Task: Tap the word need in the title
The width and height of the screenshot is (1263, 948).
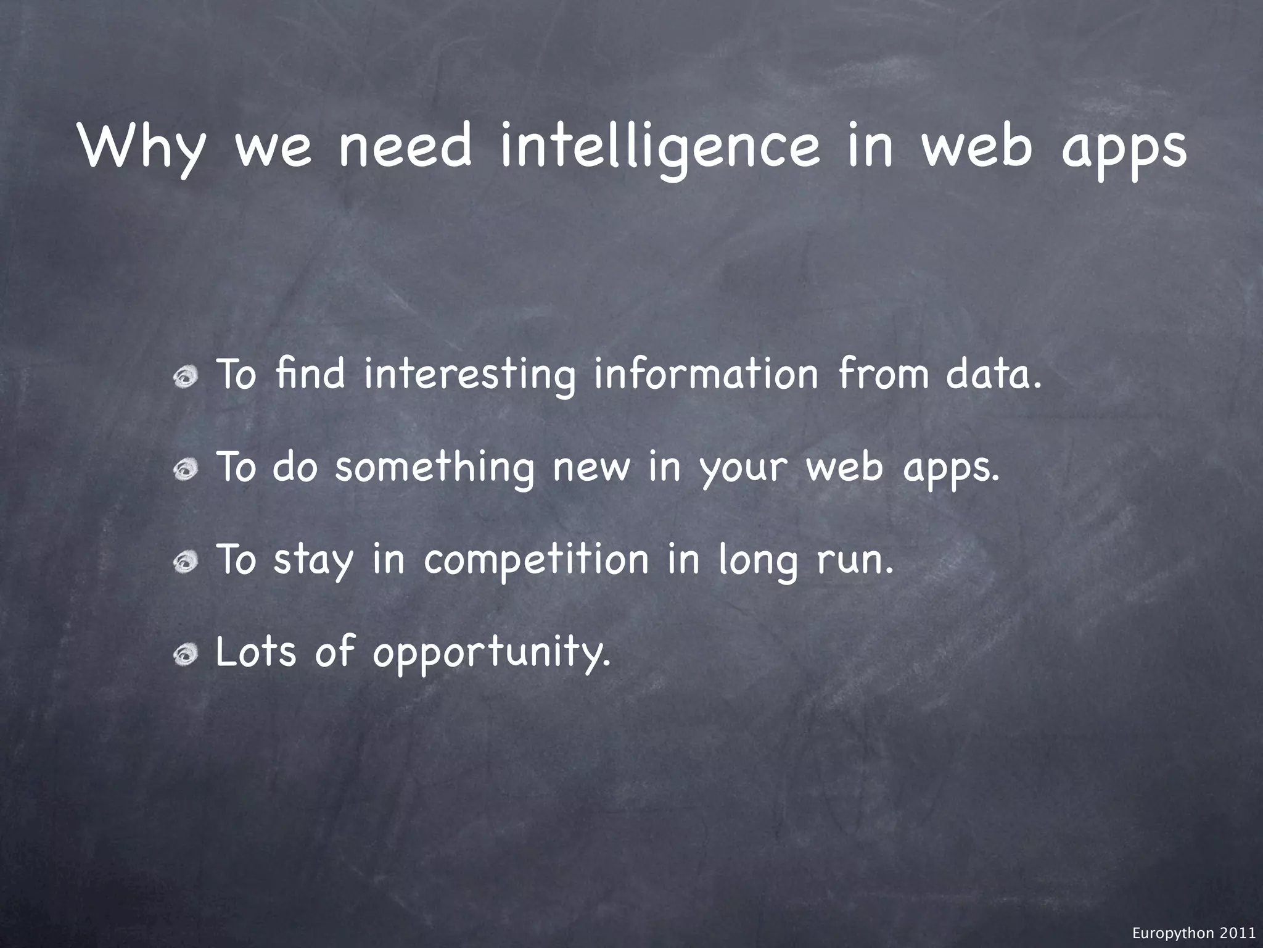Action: [x=405, y=148]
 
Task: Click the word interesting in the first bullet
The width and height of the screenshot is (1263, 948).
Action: [x=469, y=375]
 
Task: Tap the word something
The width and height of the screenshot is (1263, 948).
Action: [x=434, y=467]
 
